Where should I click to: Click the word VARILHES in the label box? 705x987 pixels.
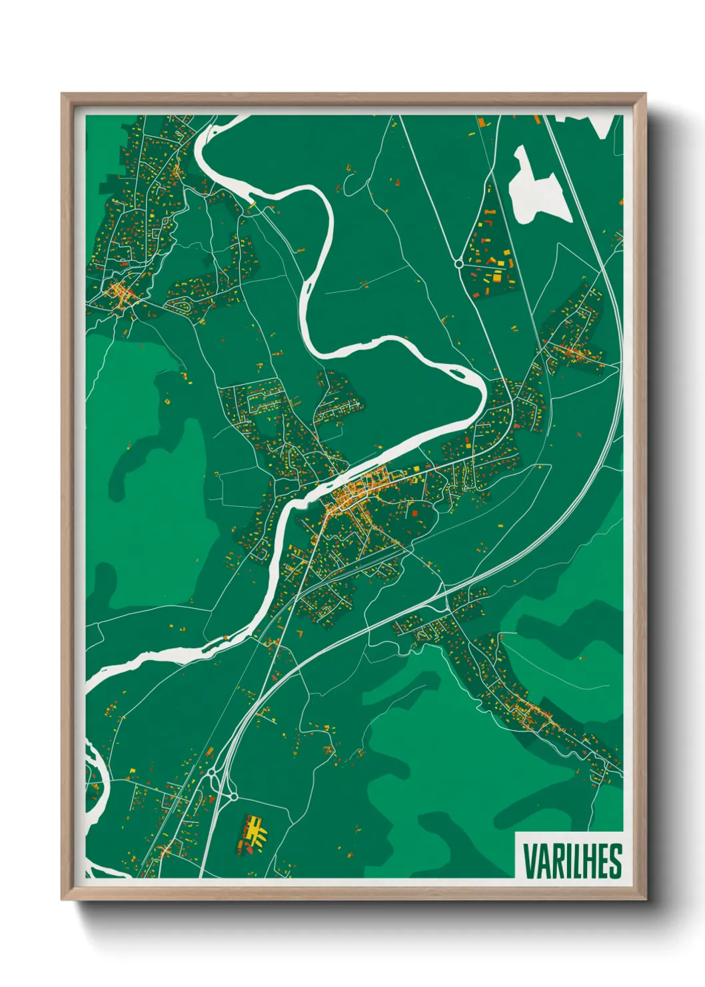click(x=572, y=862)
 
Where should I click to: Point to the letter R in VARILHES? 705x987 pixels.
click(x=555, y=862)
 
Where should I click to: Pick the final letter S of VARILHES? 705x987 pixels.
click(x=615, y=862)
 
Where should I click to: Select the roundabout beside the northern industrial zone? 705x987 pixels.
click(x=459, y=264)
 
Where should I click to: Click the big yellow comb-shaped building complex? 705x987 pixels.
click(x=254, y=828)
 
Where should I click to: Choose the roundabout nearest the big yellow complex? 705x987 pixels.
click(x=233, y=796)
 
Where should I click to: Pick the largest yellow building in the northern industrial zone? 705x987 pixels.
click(x=496, y=275)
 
